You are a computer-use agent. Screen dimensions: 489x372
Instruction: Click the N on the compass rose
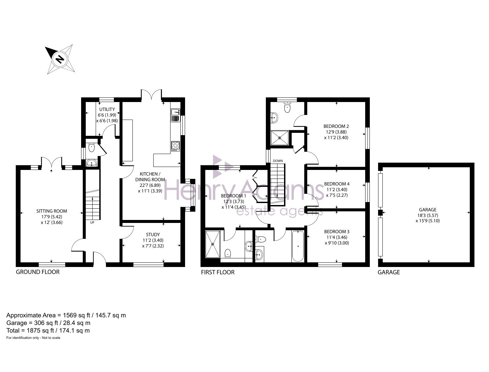point(60,59)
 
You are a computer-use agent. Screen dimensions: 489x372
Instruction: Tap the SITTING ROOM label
point(52,211)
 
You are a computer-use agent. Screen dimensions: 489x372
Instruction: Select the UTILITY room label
point(107,109)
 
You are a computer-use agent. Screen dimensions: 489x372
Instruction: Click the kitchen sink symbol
point(175,115)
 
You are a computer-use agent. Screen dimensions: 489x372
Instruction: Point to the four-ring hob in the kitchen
point(175,146)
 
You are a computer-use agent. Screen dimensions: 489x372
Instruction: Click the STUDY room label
point(153,235)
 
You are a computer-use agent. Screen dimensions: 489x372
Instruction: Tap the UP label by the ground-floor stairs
point(92,223)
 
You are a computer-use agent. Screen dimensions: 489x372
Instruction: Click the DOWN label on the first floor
point(278,161)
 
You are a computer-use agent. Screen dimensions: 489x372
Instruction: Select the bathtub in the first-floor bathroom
point(298,246)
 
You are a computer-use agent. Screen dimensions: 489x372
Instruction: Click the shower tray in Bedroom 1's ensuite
point(213,244)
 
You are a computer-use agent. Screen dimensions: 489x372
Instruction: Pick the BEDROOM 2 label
point(336,127)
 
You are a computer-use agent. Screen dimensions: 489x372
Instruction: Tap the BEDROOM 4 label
point(337,184)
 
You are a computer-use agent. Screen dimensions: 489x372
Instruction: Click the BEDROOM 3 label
point(337,232)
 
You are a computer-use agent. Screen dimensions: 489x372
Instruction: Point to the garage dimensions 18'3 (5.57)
point(427,215)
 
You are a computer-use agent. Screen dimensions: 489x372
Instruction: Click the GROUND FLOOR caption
point(38,272)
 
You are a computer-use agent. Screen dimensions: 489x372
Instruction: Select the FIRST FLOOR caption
point(218,272)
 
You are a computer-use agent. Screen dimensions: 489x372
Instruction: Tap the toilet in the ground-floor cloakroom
point(92,148)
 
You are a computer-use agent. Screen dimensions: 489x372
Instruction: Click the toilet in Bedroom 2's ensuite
point(287,108)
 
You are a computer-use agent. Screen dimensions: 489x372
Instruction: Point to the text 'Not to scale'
point(51,338)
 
